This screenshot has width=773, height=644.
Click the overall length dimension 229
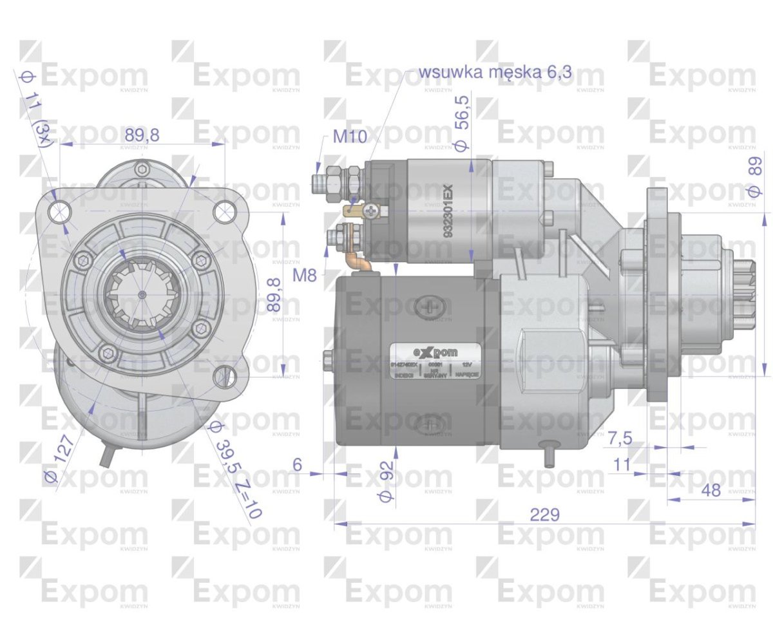pos(544,515)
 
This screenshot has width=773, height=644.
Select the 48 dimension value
pos(711,490)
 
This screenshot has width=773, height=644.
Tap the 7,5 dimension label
pos(620,438)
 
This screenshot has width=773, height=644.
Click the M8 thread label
pos(305,276)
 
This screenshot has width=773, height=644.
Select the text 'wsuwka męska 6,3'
pos(495,71)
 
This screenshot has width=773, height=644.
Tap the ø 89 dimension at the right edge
pos(756,175)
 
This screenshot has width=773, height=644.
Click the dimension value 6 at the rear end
pos(297,463)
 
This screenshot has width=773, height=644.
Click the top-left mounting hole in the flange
pos(60,209)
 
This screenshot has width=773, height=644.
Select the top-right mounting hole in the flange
pos(224,210)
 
